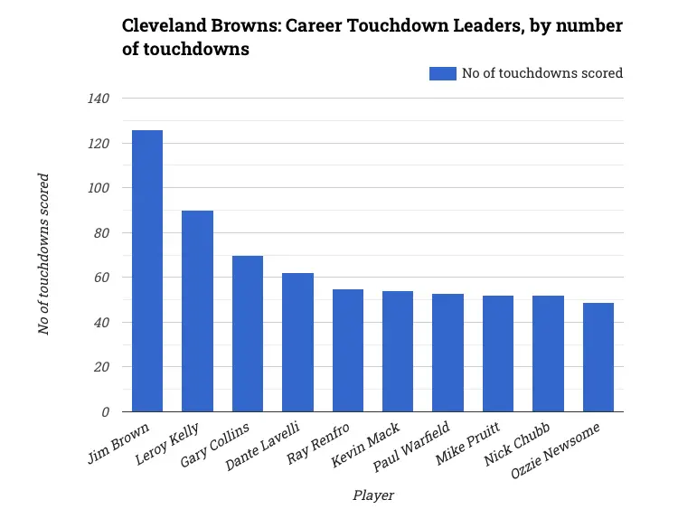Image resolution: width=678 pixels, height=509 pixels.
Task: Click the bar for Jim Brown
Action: [147, 271]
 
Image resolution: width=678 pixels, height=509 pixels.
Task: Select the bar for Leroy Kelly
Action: [197, 311]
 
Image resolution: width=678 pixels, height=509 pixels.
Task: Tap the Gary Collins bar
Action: [248, 334]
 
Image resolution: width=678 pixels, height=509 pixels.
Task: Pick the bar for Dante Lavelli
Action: [297, 343]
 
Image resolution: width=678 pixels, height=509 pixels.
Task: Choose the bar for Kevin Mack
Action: [398, 352]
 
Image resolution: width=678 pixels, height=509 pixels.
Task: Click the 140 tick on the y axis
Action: [98, 99]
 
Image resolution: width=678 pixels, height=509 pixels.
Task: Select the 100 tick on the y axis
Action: [98, 188]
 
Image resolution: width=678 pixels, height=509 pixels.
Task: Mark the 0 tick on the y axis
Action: [105, 412]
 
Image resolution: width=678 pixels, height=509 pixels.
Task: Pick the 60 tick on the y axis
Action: [101, 278]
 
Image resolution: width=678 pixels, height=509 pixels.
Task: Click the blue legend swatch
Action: [443, 73]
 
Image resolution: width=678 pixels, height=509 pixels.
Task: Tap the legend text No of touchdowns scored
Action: [541, 73]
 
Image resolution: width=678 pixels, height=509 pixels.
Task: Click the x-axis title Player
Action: [372, 495]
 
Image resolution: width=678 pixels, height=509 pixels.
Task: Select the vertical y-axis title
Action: [43, 254]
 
